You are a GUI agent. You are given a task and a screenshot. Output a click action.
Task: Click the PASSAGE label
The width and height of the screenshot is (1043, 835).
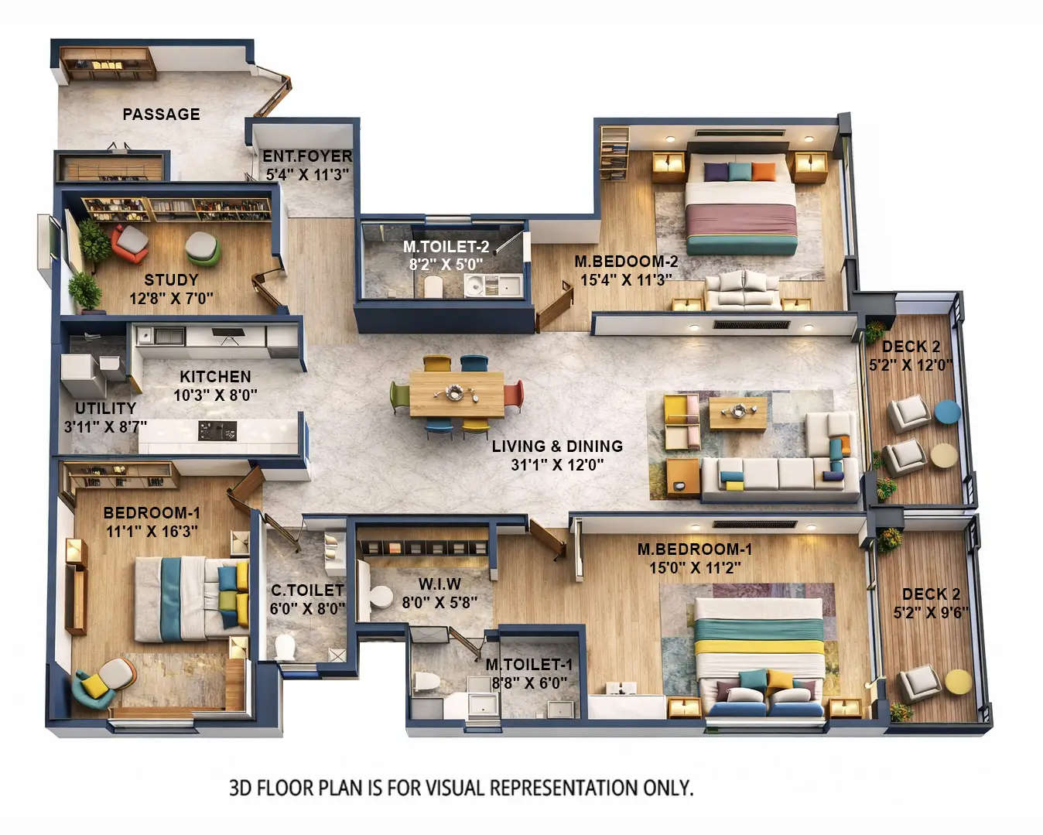click(161, 115)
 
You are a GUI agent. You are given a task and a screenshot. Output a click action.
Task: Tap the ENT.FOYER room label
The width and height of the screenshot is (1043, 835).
click(307, 157)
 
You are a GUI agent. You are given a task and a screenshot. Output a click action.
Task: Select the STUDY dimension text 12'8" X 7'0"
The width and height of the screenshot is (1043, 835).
click(171, 298)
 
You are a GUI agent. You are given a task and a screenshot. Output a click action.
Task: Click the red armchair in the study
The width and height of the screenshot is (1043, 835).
click(130, 242)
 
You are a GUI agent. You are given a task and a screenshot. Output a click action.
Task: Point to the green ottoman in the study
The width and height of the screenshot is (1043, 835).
click(202, 248)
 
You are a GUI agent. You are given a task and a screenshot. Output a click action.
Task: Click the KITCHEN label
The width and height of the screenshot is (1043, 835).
click(215, 377)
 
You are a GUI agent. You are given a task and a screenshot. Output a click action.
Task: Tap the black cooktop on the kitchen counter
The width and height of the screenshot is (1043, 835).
click(217, 431)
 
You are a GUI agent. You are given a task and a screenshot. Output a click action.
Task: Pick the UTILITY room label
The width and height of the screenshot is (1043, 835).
click(105, 408)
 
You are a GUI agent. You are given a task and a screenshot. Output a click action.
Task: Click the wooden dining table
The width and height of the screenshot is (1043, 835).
click(456, 393)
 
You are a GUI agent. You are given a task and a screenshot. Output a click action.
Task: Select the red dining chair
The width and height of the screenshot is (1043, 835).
click(514, 394)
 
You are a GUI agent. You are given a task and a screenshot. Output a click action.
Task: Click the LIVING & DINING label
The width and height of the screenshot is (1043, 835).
click(557, 447)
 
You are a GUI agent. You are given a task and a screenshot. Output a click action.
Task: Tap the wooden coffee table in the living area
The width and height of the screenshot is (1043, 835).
click(737, 413)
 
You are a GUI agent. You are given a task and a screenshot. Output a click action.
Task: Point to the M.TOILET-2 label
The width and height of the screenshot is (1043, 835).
click(446, 247)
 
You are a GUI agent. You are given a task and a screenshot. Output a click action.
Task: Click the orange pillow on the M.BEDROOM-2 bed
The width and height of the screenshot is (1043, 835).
click(763, 172)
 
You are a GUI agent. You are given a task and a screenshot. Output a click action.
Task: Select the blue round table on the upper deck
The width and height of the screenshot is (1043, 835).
click(946, 412)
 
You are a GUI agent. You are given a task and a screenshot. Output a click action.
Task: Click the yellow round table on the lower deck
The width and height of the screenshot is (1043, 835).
click(958, 682)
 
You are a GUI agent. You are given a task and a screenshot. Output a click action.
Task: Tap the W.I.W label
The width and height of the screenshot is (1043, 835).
click(439, 584)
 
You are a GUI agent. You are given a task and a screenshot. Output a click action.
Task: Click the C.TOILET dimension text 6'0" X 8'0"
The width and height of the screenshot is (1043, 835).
click(307, 609)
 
